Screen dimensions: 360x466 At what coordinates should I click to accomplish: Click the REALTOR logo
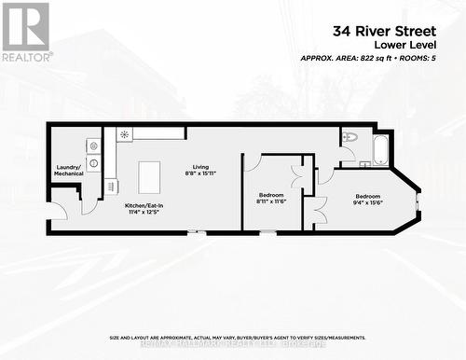(25, 31)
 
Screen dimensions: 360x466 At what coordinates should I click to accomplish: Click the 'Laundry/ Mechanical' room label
(69, 170)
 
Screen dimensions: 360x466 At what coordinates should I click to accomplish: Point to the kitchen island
(149, 175)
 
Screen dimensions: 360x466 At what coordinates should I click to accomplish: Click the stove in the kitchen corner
(124, 135)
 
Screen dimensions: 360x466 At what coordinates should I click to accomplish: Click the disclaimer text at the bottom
(236, 338)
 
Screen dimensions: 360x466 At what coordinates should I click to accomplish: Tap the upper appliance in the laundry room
(93, 145)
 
